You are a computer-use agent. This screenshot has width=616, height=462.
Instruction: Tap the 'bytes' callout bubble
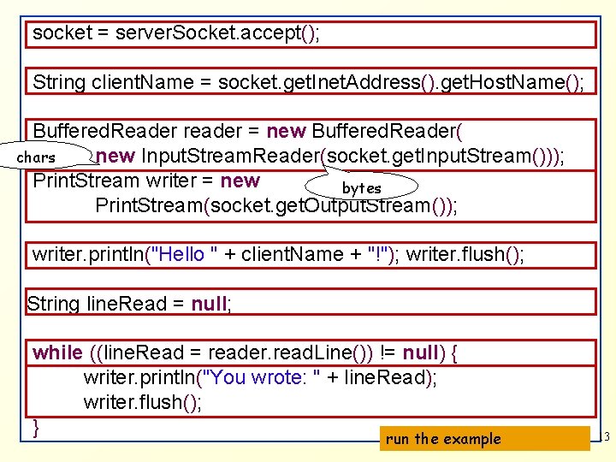pyautogui.click(x=362, y=187)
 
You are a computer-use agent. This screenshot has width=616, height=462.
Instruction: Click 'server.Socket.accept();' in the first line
pyautogui.click(x=219, y=33)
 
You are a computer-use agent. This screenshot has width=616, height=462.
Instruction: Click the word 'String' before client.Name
pyautogui.click(x=59, y=82)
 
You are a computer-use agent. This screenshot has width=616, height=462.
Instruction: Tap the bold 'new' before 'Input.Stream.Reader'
pyautogui.click(x=115, y=156)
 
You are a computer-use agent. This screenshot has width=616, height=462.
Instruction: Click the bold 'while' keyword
pyautogui.click(x=57, y=352)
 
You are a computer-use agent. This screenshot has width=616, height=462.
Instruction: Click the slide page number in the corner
pyautogui.click(x=606, y=438)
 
